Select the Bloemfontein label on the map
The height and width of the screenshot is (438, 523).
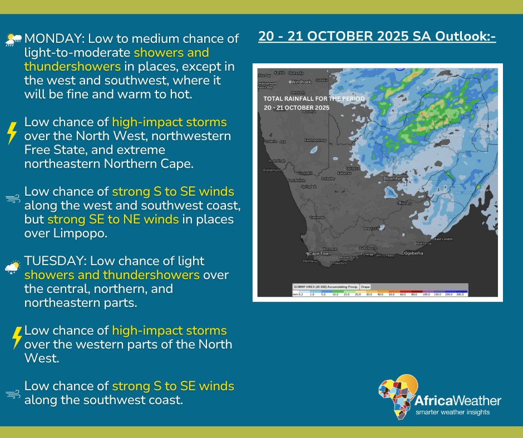(x=396, y=178)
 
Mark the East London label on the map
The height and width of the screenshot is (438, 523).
(x=443, y=238)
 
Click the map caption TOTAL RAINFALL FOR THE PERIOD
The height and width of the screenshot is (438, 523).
(x=314, y=98)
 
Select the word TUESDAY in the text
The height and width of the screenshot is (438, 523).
(x=54, y=261)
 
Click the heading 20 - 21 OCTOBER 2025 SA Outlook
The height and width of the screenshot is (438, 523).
(x=377, y=37)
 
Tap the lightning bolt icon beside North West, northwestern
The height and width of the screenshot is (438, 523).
(x=12, y=133)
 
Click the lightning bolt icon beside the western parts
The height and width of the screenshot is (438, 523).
(x=17, y=337)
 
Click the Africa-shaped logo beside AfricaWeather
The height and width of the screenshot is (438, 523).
(x=397, y=396)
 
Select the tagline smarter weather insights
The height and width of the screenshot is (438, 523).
(x=453, y=412)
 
